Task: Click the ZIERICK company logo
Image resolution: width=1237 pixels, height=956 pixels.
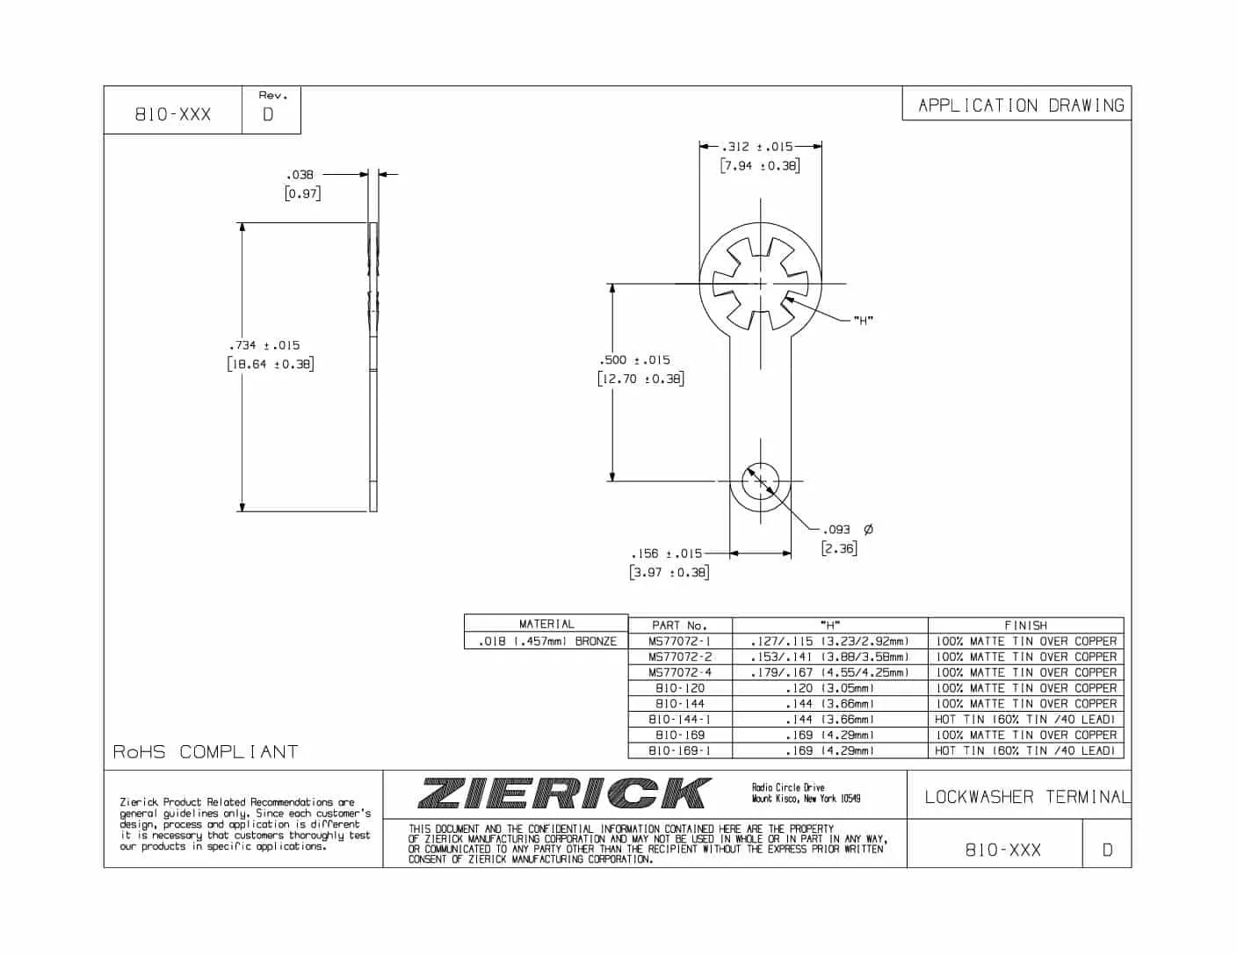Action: click(562, 793)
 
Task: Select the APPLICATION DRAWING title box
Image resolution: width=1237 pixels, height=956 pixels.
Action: click(1020, 105)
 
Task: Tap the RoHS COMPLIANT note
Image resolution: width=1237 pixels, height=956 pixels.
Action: click(206, 752)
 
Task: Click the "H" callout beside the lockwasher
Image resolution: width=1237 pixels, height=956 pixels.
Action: click(863, 320)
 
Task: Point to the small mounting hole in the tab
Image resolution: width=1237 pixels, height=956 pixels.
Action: click(760, 481)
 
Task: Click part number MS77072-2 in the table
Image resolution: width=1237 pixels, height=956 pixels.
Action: click(680, 657)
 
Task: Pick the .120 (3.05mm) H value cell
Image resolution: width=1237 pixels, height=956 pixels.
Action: click(829, 688)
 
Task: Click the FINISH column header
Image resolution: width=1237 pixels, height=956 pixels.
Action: click(1025, 626)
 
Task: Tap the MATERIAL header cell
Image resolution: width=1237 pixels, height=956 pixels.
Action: click(546, 624)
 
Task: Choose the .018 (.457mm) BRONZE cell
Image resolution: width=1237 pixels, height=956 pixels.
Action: click(546, 641)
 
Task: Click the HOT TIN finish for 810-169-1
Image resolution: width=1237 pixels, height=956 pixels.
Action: click(1025, 750)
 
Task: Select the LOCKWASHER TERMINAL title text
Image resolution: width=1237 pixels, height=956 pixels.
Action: click(1026, 797)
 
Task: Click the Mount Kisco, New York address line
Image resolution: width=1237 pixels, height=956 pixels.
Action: click(806, 799)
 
